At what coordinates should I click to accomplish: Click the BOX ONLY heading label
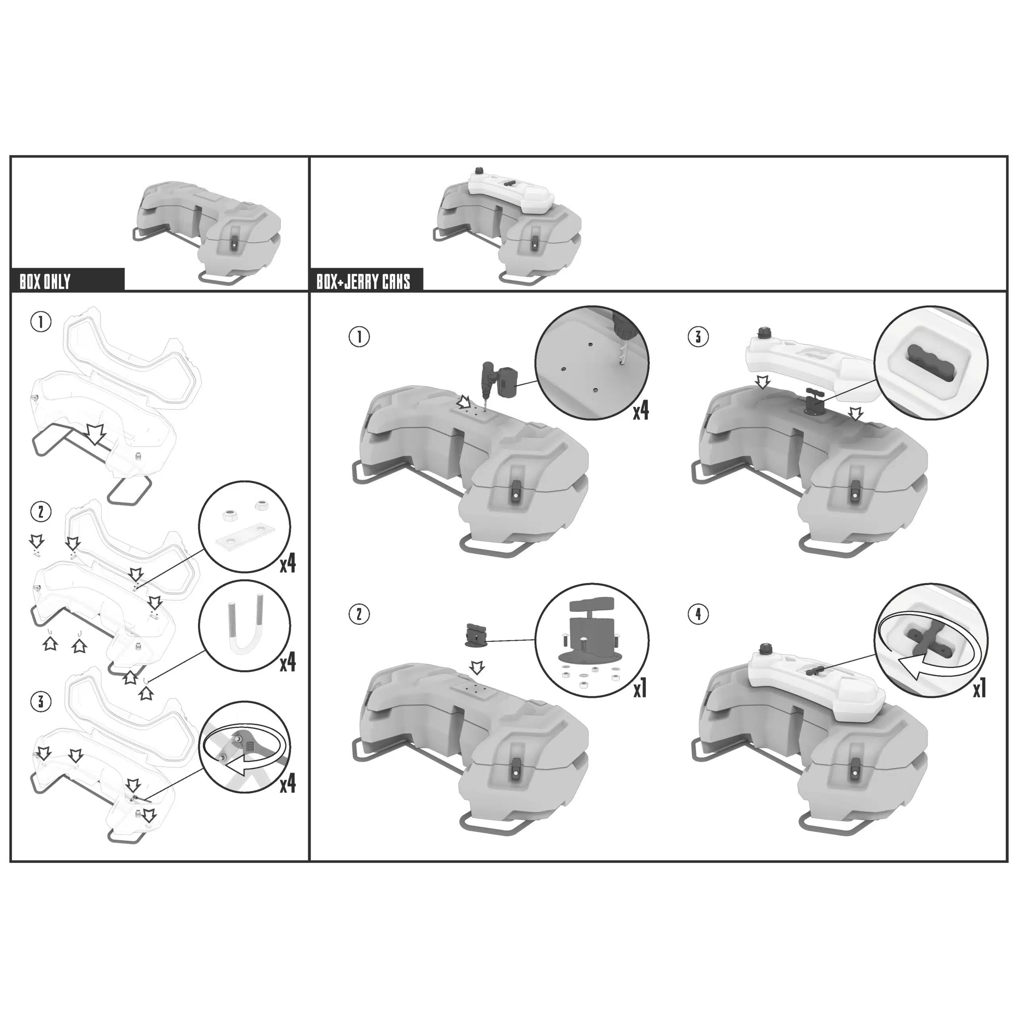pyautogui.click(x=45, y=282)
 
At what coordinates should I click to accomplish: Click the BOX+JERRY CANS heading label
pyautogui.click(x=363, y=282)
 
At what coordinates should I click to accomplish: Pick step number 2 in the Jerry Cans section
pyautogui.click(x=359, y=614)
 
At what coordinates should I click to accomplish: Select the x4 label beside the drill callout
pyautogui.click(x=641, y=412)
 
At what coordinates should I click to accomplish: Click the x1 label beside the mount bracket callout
pyautogui.click(x=640, y=689)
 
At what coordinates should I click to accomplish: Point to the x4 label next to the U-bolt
pyautogui.click(x=288, y=662)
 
